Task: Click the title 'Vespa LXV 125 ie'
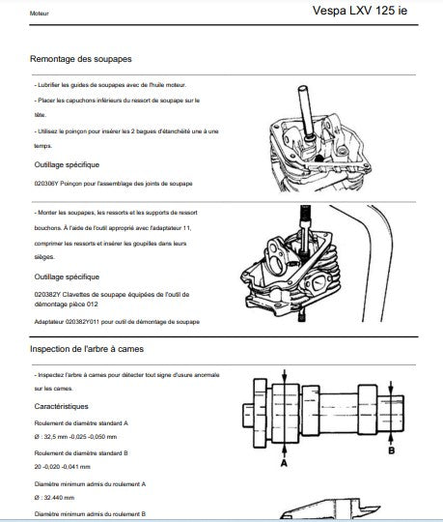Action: click(x=360, y=11)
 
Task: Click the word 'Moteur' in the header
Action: click(x=40, y=14)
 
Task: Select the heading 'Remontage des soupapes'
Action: click(x=81, y=59)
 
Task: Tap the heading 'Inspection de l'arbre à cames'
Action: click(x=87, y=349)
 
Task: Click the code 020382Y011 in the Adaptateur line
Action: click(x=82, y=322)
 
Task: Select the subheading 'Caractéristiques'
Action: click(x=61, y=406)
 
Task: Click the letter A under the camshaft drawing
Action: click(x=284, y=463)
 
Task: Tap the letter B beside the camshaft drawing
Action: click(x=392, y=450)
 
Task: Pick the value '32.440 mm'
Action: click(x=59, y=498)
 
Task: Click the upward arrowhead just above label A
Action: click(x=284, y=449)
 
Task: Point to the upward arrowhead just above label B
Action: click(x=391, y=436)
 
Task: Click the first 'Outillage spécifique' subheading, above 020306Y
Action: click(x=67, y=164)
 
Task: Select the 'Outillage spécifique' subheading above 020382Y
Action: click(x=67, y=277)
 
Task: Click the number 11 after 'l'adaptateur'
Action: click(x=187, y=228)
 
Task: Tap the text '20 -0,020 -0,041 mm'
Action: click(x=62, y=467)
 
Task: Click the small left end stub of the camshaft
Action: click(x=248, y=416)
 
